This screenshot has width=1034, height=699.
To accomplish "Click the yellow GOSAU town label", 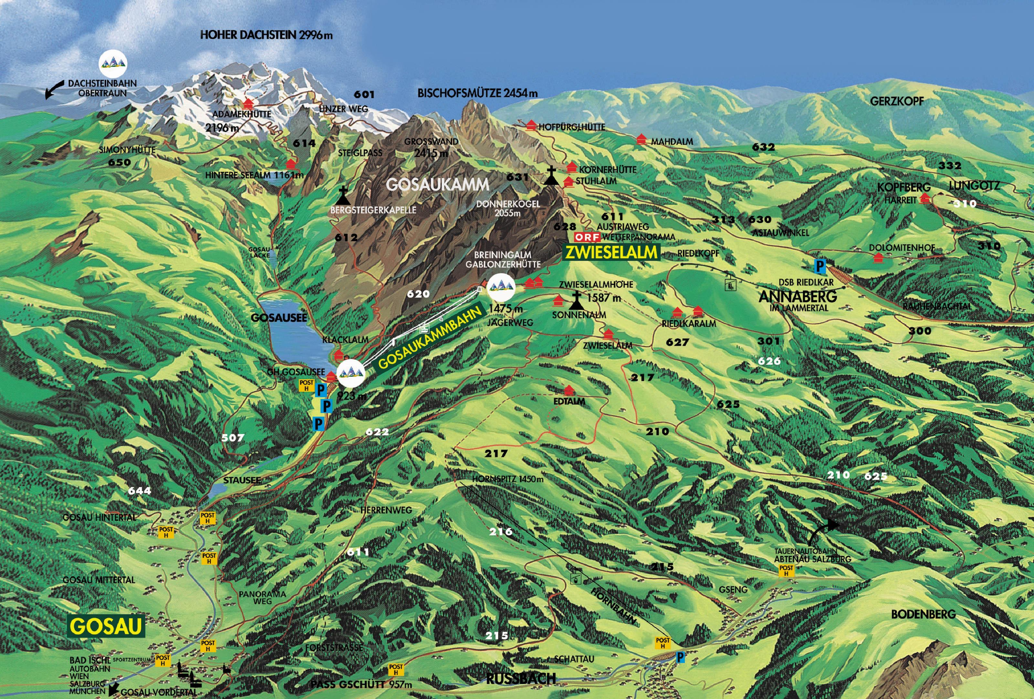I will (x=106, y=626).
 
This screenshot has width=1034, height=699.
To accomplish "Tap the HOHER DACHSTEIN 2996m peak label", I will (x=266, y=35).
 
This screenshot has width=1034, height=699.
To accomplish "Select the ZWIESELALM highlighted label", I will (x=611, y=252).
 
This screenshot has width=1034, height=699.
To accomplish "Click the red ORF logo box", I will (x=587, y=237).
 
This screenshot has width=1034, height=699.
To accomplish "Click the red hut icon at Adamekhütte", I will (x=248, y=104).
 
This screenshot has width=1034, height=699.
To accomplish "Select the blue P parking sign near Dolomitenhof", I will (x=819, y=266).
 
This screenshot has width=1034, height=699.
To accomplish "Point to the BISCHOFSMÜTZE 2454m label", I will (x=477, y=93).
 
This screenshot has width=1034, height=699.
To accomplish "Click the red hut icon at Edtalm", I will (x=569, y=390).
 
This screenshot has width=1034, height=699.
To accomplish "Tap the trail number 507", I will (x=233, y=437).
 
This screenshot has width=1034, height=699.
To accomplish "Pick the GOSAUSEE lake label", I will (x=279, y=317).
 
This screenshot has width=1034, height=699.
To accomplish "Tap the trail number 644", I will (x=139, y=491).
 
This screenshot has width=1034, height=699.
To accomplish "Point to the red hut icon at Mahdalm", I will (x=641, y=139).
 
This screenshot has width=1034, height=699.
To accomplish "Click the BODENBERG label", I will (x=923, y=614).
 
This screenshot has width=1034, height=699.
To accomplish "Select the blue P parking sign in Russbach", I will (x=680, y=657).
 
